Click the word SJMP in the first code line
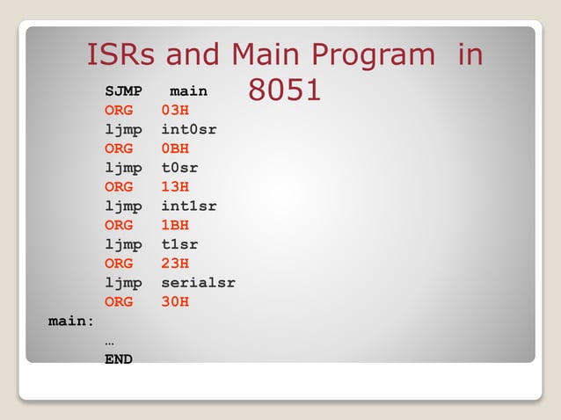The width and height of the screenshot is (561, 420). click(x=123, y=91)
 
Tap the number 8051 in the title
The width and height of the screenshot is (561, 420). click(x=284, y=90)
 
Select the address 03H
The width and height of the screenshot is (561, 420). click(x=175, y=110)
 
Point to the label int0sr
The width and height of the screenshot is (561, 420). click(x=189, y=129)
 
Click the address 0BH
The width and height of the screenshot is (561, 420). click(x=175, y=148)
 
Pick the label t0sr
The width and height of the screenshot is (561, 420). click(x=179, y=168)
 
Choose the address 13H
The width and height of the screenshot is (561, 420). click(x=175, y=186)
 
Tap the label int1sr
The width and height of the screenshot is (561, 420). click(x=189, y=206)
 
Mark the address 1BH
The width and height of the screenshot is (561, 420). click(x=175, y=225)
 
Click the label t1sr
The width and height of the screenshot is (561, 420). click(x=179, y=244)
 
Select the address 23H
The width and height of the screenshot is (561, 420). click(x=175, y=263)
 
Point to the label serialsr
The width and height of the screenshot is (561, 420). click(x=198, y=283)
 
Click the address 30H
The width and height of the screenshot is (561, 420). click(x=175, y=301)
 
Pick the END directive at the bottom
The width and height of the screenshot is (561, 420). click(x=119, y=358)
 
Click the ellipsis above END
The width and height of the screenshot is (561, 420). click(x=109, y=342)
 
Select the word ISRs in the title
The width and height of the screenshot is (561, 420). click(x=122, y=55)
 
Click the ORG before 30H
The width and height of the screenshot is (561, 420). click(x=119, y=301)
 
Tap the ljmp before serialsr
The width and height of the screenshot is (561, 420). click(x=123, y=283)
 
